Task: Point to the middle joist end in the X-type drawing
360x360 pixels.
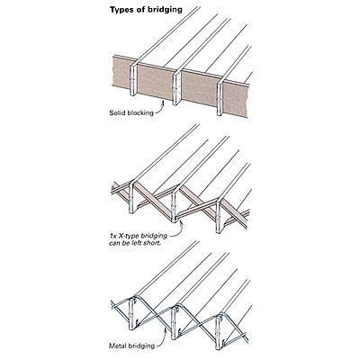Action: point(177,211)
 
